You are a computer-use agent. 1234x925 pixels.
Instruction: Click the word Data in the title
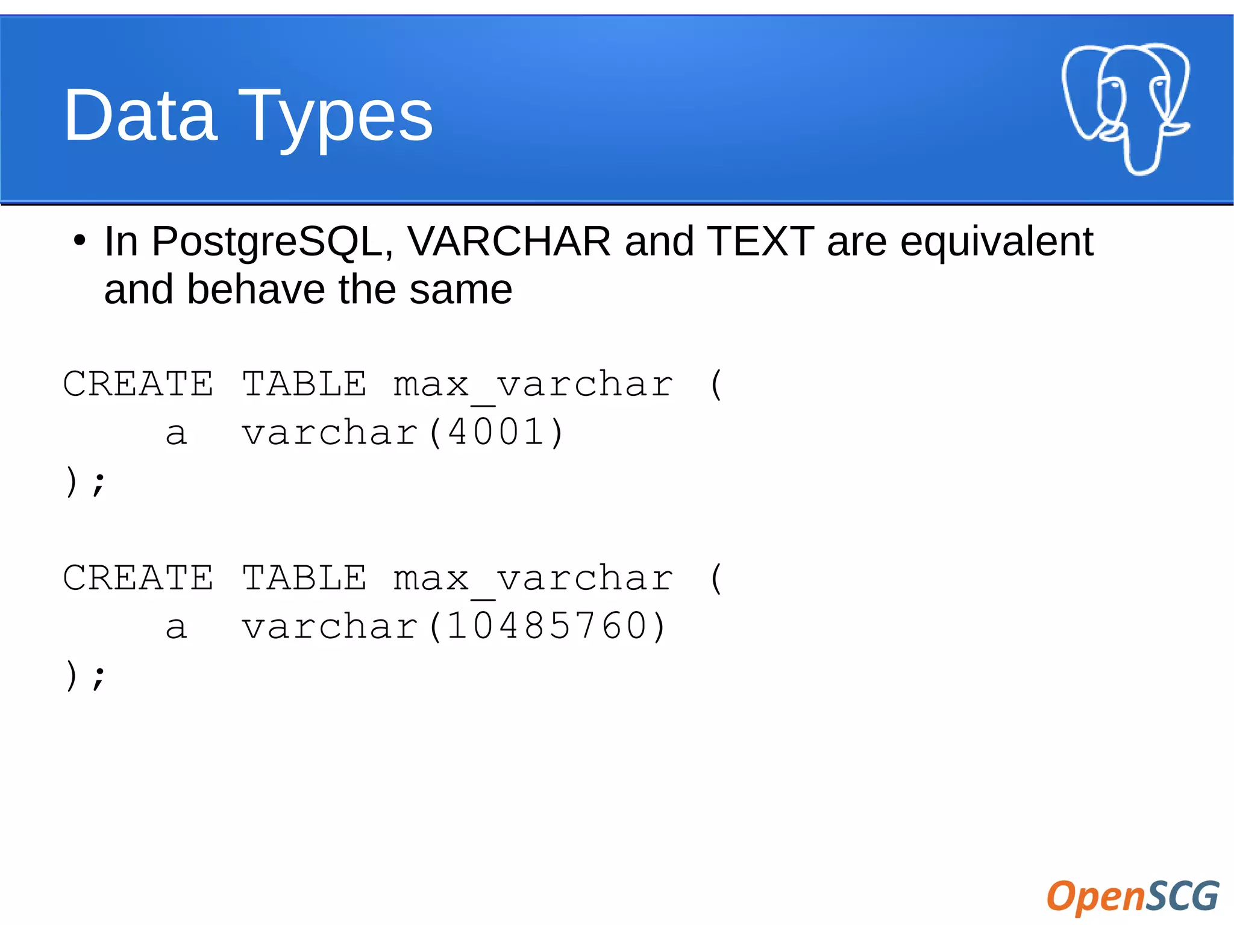(140, 115)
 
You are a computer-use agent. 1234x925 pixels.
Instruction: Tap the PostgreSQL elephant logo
(1125, 108)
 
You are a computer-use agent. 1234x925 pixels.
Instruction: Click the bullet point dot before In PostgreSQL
(79, 241)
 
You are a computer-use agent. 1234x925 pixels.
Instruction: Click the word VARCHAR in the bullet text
(509, 241)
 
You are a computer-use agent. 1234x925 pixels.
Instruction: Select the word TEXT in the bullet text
(760, 241)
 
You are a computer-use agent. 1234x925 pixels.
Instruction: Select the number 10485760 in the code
(548, 626)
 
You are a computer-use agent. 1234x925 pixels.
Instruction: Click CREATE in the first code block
(138, 384)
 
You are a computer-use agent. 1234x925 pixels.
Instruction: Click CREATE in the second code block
(138, 577)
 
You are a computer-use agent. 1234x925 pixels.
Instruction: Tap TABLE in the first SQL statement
(304, 384)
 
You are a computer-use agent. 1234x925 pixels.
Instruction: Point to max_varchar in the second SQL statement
(533, 579)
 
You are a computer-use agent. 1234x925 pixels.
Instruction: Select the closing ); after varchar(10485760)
(85, 675)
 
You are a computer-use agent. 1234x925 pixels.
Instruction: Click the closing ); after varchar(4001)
(85, 481)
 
